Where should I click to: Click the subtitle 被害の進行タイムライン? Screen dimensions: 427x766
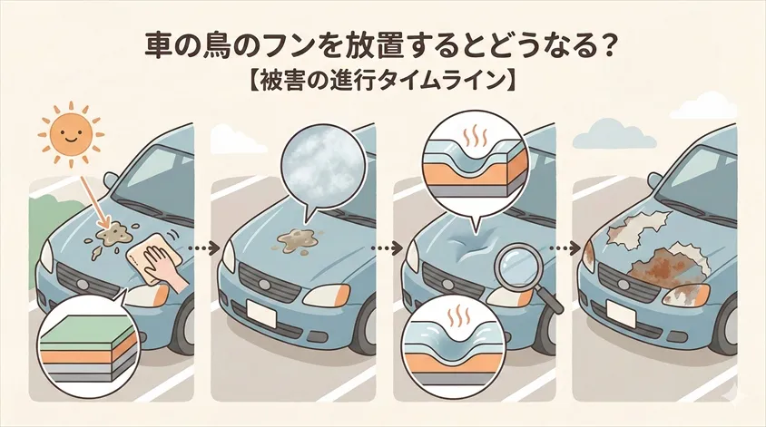[x=382, y=81]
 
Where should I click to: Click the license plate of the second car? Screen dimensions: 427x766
[x=262, y=313]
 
